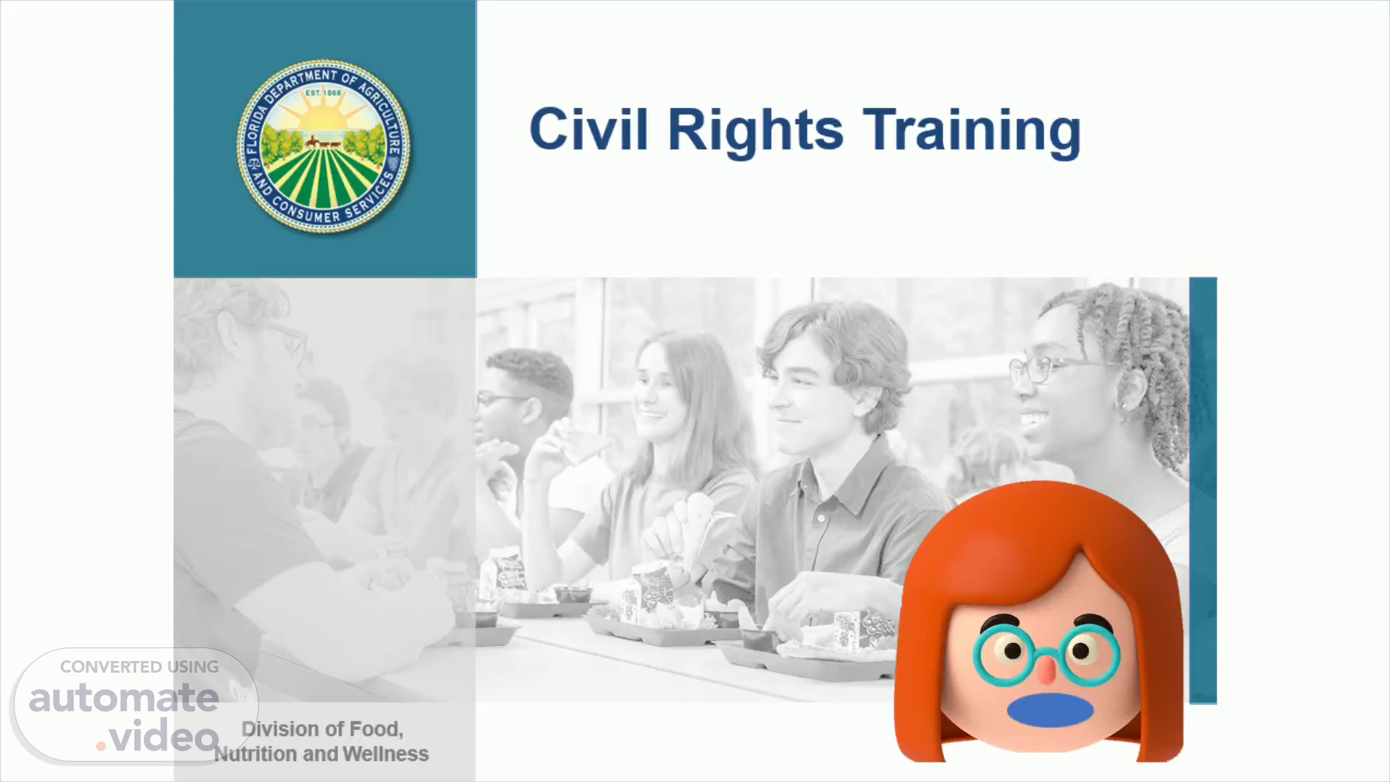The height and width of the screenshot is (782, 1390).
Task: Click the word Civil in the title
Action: (589, 130)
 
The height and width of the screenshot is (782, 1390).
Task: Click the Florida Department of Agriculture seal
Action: (324, 146)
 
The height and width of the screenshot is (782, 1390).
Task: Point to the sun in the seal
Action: (324, 116)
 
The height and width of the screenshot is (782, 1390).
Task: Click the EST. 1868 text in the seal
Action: (323, 93)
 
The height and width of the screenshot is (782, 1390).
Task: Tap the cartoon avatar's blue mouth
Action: (1050, 710)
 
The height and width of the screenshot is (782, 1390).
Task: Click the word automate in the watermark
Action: (124, 698)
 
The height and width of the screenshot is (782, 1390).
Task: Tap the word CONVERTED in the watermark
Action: (111, 667)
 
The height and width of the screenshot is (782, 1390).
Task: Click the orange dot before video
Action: (101, 746)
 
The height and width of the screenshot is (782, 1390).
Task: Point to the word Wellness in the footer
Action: (386, 754)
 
